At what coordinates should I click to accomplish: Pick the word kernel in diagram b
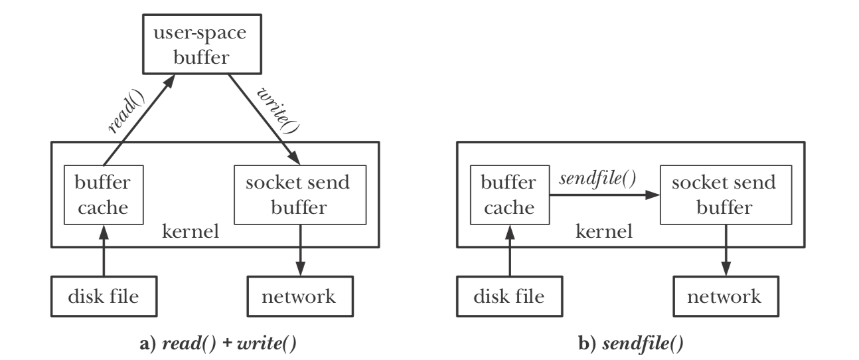(601, 234)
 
